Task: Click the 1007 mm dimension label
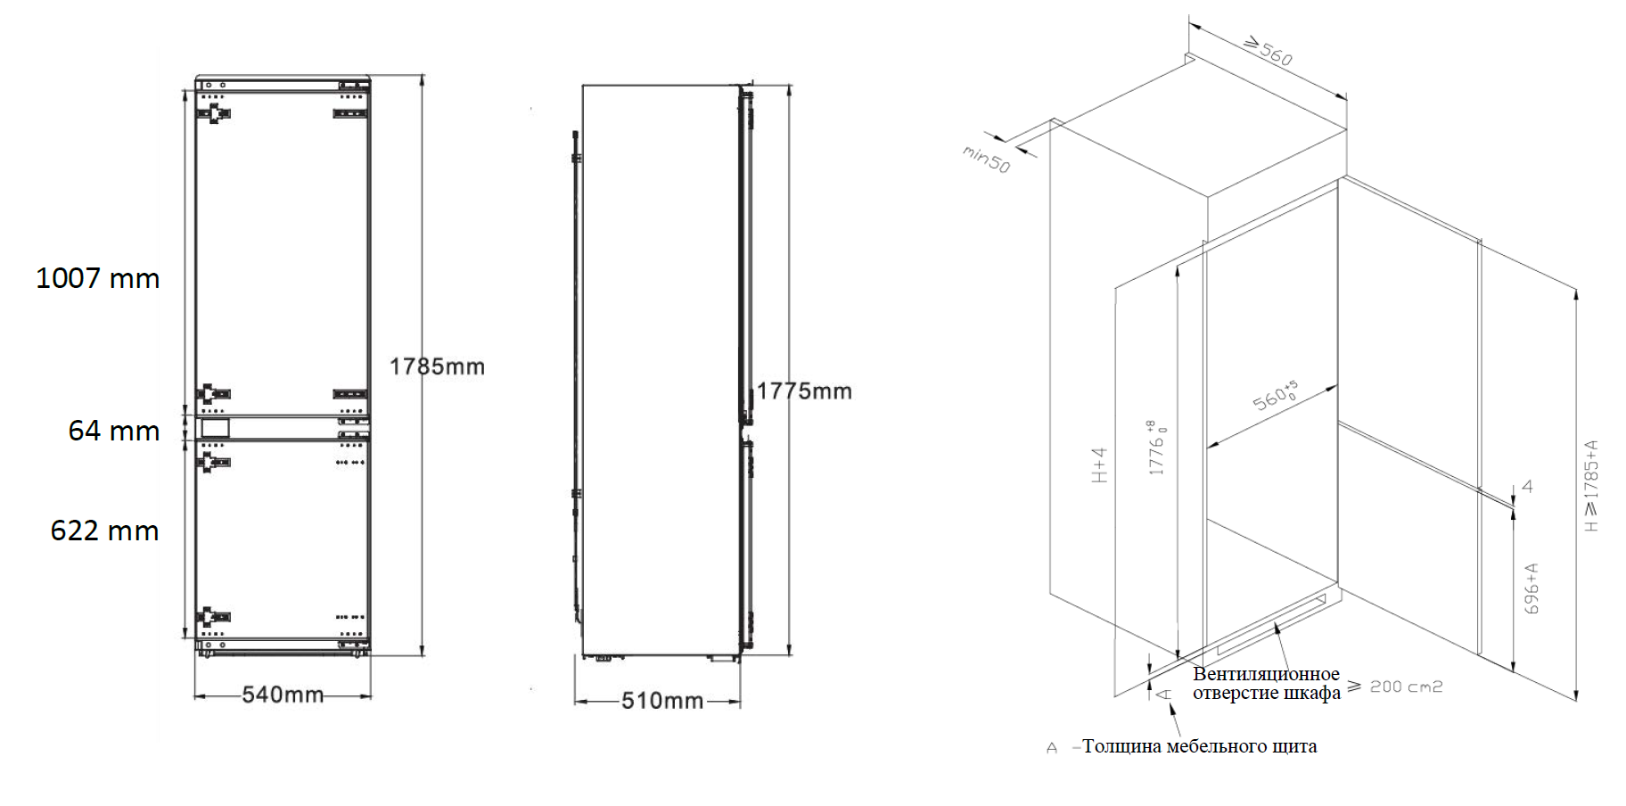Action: [x=98, y=278]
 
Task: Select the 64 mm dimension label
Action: [x=114, y=431]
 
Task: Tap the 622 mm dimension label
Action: [x=105, y=530]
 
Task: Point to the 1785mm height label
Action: [x=437, y=366]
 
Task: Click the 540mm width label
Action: [x=283, y=694]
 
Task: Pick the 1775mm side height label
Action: [x=804, y=391]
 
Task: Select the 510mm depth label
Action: [x=662, y=701]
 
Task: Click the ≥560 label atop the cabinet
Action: [x=1268, y=51]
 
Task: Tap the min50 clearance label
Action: [x=986, y=160]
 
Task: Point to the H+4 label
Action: [x=1099, y=465]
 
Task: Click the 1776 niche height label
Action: [x=1156, y=448]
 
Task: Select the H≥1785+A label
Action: [x=1591, y=486]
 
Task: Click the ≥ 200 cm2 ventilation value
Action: [x=1394, y=687]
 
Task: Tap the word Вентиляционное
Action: [x=1266, y=674]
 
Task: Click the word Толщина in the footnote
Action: [x=1121, y=746]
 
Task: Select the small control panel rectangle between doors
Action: [x=215, y=428]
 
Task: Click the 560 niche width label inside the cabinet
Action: [x=1276, y=396]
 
